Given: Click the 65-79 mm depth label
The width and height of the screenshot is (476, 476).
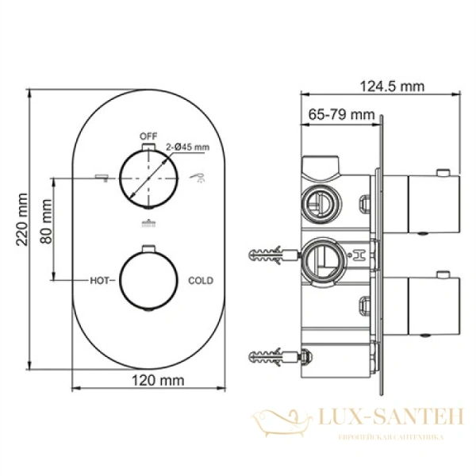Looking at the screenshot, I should pyautogui.click(x=341, y=115).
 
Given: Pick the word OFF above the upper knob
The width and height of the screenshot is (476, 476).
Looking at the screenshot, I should pyautogui.click(x=147, y=135).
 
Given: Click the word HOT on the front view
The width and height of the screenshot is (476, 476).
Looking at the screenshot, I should pyautogui.click(x=99, y=281).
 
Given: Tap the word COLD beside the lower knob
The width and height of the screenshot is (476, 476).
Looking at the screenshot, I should pyautogui.click(x=200, y=281).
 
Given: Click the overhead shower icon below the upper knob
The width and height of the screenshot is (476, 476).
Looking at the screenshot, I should pyautogui.click(x=147, y=225).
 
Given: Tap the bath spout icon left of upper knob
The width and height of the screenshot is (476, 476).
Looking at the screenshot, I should pyautogui.click(x=100, y=175).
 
